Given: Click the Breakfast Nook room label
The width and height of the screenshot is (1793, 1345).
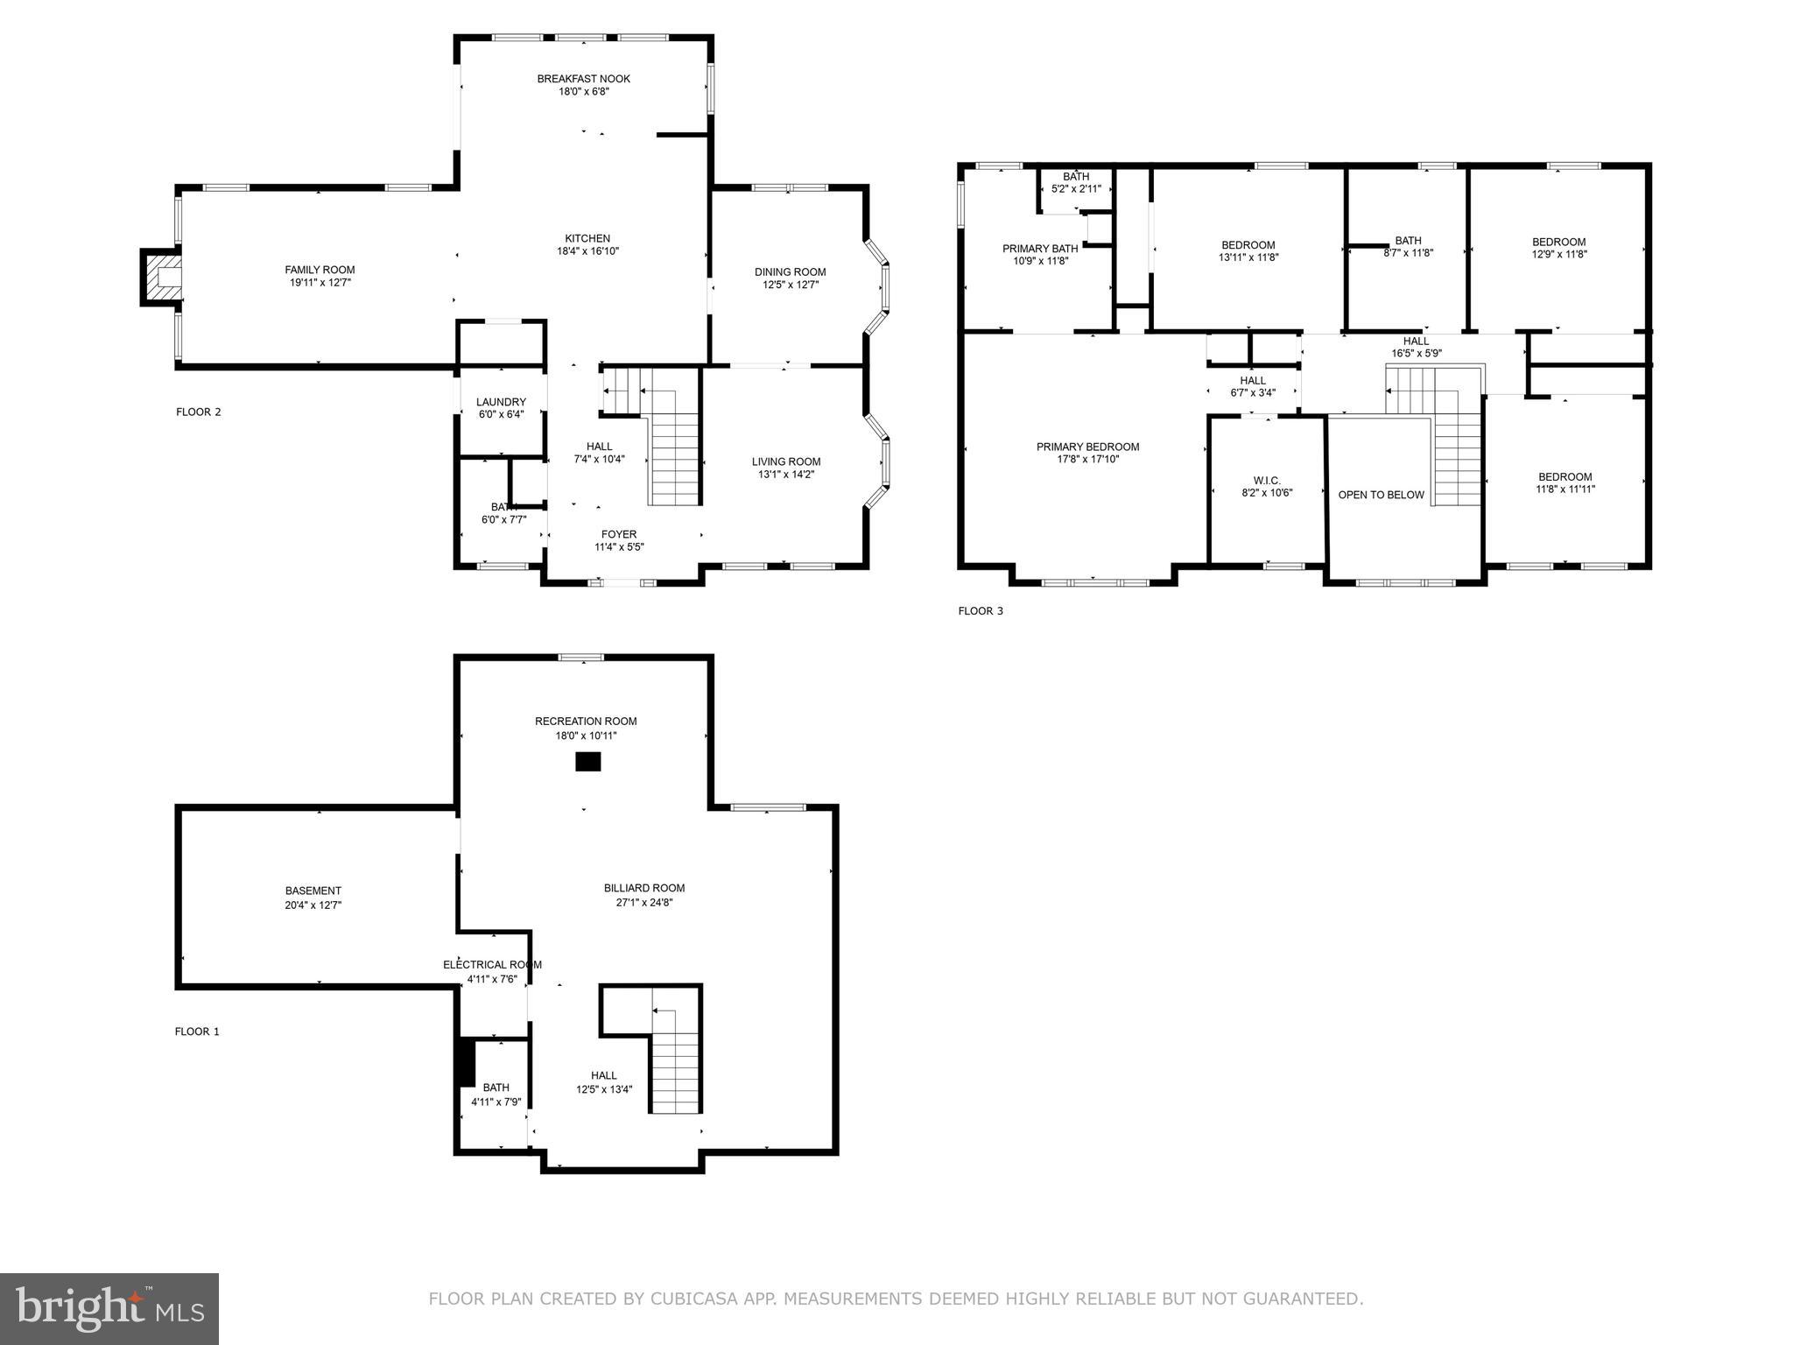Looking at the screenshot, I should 583,79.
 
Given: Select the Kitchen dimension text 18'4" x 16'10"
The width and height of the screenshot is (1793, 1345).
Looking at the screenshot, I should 587,251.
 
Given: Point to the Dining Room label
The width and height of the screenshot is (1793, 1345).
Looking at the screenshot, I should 790,271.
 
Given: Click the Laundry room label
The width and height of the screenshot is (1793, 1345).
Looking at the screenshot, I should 501,402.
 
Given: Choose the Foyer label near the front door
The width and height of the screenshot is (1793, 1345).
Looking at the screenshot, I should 618,534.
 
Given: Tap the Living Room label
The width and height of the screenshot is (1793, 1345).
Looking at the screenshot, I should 785,461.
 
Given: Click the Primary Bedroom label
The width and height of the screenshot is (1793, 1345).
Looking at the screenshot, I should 1087,447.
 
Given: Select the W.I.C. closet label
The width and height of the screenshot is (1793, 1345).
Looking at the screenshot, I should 1266,480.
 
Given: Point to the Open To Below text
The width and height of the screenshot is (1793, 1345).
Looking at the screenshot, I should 1381,495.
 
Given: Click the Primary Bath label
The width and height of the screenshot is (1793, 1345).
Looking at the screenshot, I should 1040,249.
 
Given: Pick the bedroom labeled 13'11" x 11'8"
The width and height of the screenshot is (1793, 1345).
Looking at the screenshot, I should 1248,251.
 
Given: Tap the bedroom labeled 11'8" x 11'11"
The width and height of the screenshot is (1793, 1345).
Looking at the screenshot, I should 1564,483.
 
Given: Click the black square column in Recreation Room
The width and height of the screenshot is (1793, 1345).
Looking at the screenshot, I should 587,762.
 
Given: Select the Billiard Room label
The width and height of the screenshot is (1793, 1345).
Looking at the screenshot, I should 643,888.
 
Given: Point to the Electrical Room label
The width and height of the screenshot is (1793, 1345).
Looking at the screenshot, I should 492,965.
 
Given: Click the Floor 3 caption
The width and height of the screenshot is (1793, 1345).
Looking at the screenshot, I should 980,611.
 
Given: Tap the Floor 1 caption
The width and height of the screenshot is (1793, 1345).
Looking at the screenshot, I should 197,1032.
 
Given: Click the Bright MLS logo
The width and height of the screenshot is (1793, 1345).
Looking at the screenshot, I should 109,1308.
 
